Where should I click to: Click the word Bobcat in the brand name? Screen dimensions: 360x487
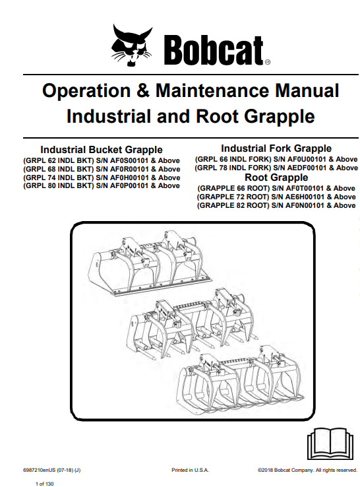coord(214,50)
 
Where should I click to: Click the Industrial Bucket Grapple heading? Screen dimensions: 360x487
coord(102,150)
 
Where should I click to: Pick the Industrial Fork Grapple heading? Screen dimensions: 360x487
coord(276,148)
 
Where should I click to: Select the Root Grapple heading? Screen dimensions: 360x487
coord(276,178)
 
